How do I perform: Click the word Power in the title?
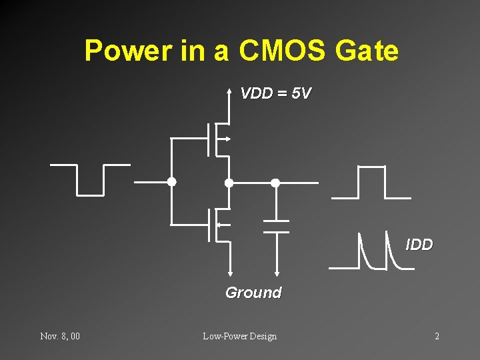pos(127,51)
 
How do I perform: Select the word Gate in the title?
pos(367,51)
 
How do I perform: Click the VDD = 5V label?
pos(275,93)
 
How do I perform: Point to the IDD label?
pos(419,245)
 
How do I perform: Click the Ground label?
pos(253,293)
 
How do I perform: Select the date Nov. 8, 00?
pos(60,336)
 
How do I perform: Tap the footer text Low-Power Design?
pos(239,336)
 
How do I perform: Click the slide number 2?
pos(437,336)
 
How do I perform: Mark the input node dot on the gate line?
pos(171,181)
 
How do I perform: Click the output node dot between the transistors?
pos(229,182)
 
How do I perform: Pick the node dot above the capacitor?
pos(275,182)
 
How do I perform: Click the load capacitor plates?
pos(275,226)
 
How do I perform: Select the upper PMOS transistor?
pos(217,139)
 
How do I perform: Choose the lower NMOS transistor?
pos(217,225)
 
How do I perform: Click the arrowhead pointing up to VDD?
pos(229,93)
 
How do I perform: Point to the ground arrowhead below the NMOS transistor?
pos(229,271)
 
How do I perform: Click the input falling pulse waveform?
pos(90,179)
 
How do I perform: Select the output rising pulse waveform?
pos(371,182)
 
